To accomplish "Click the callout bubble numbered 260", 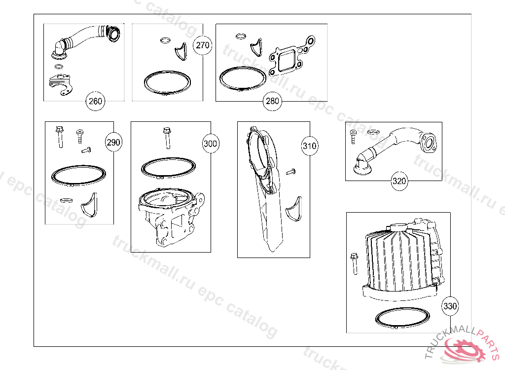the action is [x=95, y=101].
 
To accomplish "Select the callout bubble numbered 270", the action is [x=203, y=45].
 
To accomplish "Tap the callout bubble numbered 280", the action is [x=272, y=101].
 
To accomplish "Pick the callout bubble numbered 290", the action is [x=113, y=142].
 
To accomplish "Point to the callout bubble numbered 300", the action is [x=210, y=144].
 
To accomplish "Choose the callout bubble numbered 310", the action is [x=310, y=146].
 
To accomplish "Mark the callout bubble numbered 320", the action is [x=399, y=181].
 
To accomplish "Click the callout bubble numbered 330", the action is [x=450, y=306].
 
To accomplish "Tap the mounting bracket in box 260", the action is [x=60, y=85].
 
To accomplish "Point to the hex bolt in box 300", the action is [x=167, y=138].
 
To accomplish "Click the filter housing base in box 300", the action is [x=171, y=218].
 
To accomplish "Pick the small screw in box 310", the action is [x=291, y=172].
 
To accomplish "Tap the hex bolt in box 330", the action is [x=354, y=264].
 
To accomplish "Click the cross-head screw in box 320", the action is [x=353, y=136].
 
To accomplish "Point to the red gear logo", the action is [x=464, y=349].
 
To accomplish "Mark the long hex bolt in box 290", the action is [x=60, y=137].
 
